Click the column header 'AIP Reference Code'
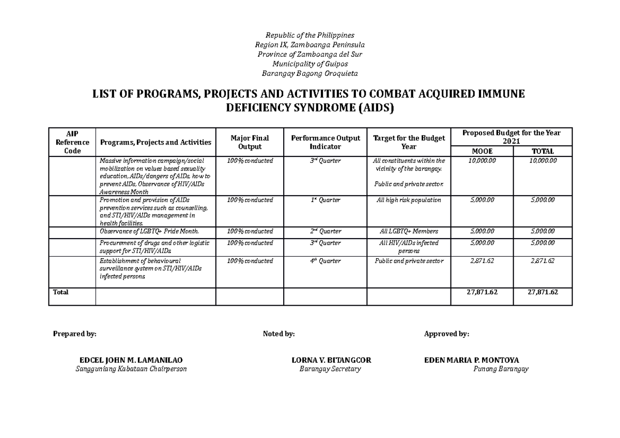pyautogui.click(x=71, y=142)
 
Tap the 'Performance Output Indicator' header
pyautogui.click(x=326, y=142)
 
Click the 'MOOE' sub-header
pyautogui.click(x=482, y=151)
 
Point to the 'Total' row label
pyautogui.click(x=60, y=292)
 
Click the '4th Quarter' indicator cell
pyautogui.click(x=325, y=261)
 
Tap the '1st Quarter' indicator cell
pyautogui.click(x=325, y=200)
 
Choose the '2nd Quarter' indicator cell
pyautogui.click(x=325, y=231)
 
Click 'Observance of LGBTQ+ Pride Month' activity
pyautogui.click(x=149, y=231)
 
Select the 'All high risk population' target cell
pyautogui.click(x=409, y=200)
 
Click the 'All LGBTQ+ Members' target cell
pyautogui.click(x=409, y=231)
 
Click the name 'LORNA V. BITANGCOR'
pyautogui.click(x=331, y=360)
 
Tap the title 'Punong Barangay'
pyautogui.click(x=501, y=369)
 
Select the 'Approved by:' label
pyautogui.click(x=446, y=334)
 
